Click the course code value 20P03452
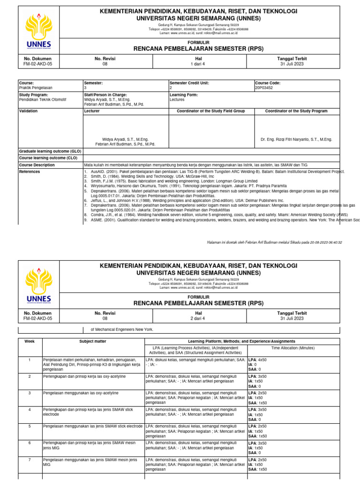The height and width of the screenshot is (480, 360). [264, 88]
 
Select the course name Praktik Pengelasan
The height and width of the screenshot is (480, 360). [36, 88]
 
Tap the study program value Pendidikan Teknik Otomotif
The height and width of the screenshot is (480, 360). [43, 99]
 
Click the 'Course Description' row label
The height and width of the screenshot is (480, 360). [37, 165]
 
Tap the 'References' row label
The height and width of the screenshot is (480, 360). [30, 172]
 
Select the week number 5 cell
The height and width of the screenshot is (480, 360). [30, 426]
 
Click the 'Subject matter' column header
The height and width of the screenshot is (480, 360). [93, 341]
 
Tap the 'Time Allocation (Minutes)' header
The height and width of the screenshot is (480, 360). [293, 348]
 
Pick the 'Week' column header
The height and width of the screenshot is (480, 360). [30, 341]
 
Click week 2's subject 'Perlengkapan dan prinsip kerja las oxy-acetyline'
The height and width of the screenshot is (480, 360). [84, 376]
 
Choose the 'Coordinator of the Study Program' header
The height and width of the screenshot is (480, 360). [296, 111]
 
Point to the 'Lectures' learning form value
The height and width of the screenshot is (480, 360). [177, 99]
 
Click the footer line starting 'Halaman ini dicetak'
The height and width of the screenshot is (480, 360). [274, 242]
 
